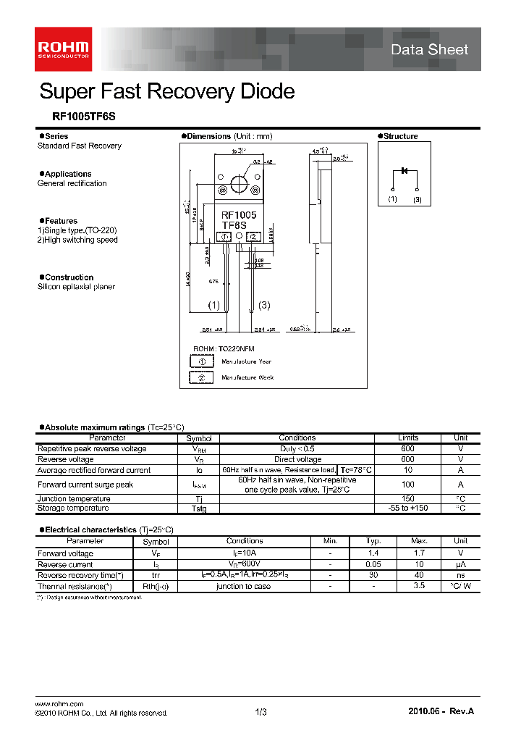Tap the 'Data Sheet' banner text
(429, 50)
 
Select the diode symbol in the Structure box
(404, 171)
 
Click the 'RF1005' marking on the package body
(239, 215)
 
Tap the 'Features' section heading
(61, 221)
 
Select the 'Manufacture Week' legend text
(247, 377)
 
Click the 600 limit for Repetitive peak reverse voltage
(407, 449)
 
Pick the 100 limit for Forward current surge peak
(407, 485)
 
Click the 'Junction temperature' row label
(74, 499)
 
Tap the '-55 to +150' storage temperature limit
(407, 508)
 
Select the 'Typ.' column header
(373, 541)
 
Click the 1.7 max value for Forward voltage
(419, 553)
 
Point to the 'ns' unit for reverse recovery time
(460, 575)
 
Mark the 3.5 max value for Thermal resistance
(419, 586)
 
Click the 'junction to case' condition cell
(244, 586)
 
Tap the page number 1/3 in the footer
(261, 713)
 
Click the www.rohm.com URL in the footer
(59, 704)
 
